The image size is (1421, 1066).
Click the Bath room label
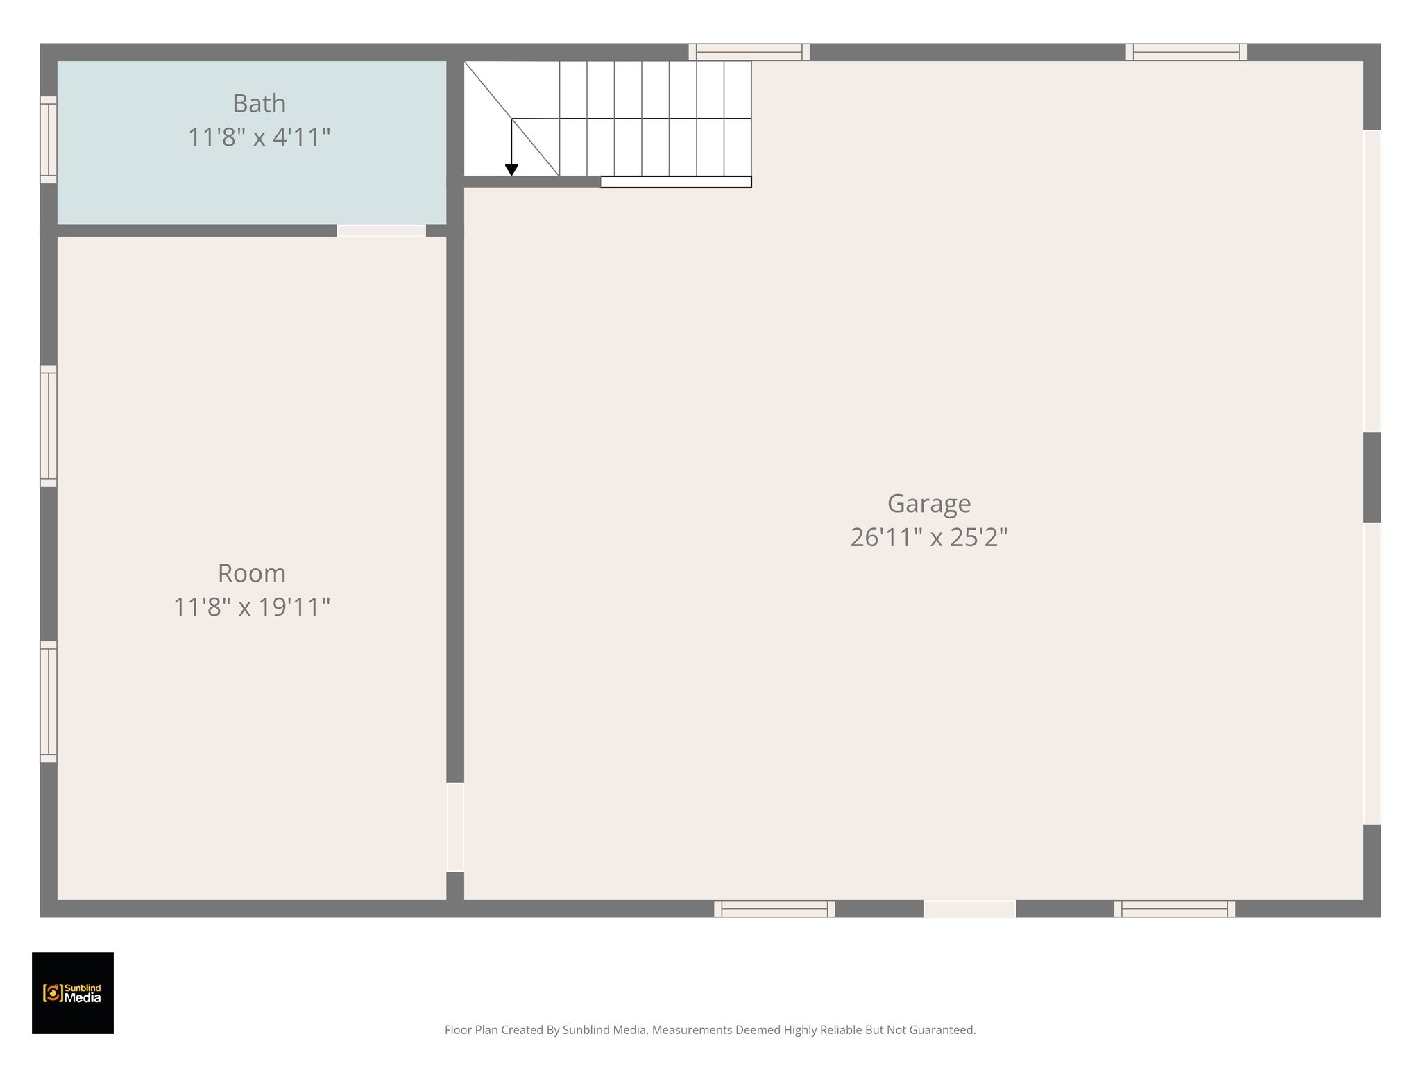(259, 104)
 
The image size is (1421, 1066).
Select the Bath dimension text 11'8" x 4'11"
(259, 137)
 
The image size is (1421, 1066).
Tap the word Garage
(928, 504)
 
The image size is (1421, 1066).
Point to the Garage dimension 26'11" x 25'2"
(928, 537)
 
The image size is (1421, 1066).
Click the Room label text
(251, 574)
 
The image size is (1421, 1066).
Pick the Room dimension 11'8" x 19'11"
(251, 607)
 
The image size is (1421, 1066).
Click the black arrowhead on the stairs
(511, 170)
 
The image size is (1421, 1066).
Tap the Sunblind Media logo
(73, 993)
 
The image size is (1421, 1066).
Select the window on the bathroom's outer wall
(48, 139)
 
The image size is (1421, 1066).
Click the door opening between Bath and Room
(381, 230)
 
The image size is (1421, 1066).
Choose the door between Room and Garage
(454, 827)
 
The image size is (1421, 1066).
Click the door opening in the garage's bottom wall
(969, 908)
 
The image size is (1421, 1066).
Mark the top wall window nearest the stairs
(749, 52)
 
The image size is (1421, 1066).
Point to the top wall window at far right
(1186, 52)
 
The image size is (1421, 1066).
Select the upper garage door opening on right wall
(1372, 281)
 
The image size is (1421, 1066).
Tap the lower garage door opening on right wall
(1372, 673)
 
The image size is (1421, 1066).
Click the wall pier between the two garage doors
(1372, 477)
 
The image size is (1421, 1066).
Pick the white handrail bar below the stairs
(676, 182)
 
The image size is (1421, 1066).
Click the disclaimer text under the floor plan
(710, 1030)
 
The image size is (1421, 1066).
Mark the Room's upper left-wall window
(48, 425)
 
